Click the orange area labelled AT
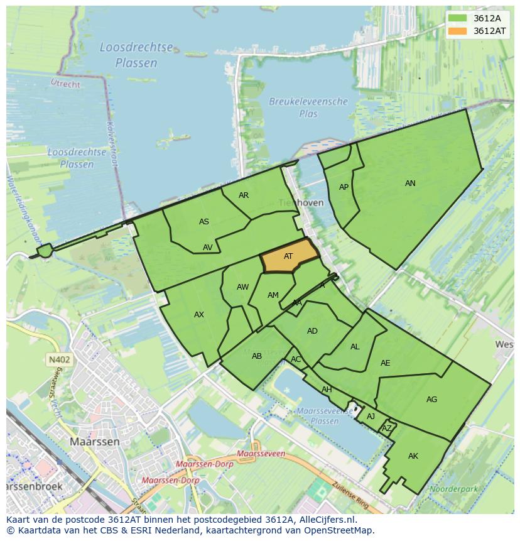tap(288, 256)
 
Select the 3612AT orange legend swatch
tap(458, 31)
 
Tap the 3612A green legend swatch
tap(458, 18)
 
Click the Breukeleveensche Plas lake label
tap(308, 107)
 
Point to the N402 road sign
tap(59, 359)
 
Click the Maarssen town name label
tap(94, 442)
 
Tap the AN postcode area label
tap(410, 183)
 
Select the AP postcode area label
tap(344, 187)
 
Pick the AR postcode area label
tap(244, 195)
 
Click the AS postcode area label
tap(204, 222)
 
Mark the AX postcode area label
tap(199, 315)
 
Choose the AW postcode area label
tap(242, 287)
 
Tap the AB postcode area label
tap(256, 356)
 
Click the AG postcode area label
tap(431, 400)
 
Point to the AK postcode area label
tap(413, 456)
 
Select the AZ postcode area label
tap(387, 429)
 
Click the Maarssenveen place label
tap(261, 454)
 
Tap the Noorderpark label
tap(450, 488)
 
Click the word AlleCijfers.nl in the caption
tap(326, 520)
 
